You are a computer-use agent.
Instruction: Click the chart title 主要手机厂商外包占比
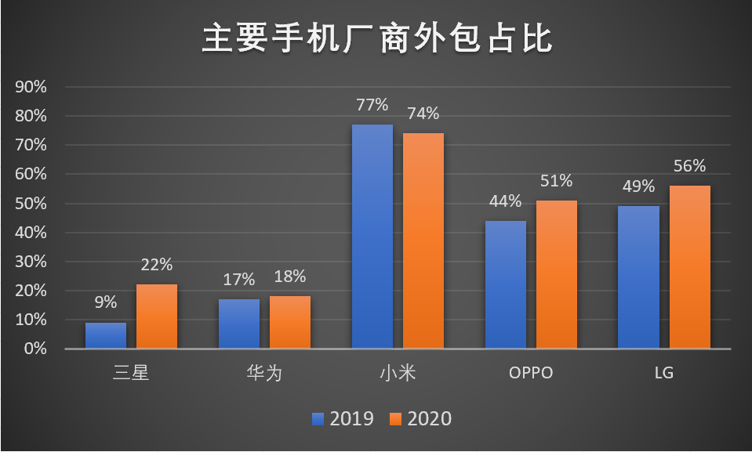[377, 38]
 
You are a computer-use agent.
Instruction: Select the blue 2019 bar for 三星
[106, 335]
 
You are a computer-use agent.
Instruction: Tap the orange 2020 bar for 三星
[157, 316]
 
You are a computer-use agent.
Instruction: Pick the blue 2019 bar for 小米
[372, 237]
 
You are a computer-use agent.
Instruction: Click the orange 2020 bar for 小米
[423, 240]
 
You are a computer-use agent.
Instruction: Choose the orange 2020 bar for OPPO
[556, 274]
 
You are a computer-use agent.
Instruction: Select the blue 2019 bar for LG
[638, 277]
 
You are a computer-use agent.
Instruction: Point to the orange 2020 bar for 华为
[289, 322]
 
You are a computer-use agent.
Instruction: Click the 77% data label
[372, 104]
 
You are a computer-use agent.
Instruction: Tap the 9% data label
[106, 302]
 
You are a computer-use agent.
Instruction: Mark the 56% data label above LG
[689, 166]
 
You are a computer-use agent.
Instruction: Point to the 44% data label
[506, 201]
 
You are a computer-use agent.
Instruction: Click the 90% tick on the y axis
[31, 87]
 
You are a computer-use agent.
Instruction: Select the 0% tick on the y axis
[35, 349]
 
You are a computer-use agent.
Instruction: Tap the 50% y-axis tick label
[31, 203]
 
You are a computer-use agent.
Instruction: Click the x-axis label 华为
[264, 372]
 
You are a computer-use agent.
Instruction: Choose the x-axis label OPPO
[531, 372]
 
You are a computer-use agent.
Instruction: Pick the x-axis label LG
[664, 372]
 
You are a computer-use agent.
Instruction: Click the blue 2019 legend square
[318, 419]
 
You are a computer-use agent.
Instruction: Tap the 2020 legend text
[429, 419]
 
